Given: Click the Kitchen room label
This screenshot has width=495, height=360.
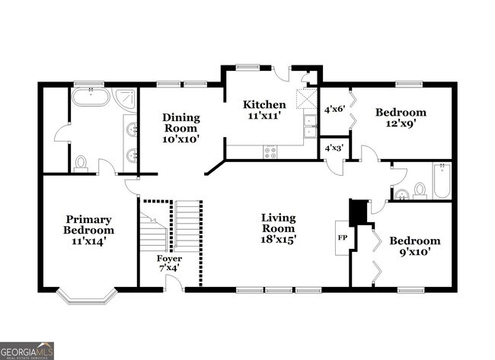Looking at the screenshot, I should tap(264, 105).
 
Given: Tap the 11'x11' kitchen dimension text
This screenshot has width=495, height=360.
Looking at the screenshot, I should tap(264, 116).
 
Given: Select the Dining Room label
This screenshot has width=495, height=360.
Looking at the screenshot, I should tap(181, 123).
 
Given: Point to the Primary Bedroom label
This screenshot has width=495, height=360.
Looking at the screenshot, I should tap(88, 225).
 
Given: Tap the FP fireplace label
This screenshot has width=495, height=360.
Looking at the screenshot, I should tap(343, 237).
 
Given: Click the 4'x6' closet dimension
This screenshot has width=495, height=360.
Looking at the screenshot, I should tap(335, 109).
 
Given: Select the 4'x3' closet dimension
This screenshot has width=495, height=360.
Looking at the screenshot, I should tap(334, 148).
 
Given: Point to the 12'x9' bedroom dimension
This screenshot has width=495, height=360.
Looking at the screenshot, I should tap(401, 125).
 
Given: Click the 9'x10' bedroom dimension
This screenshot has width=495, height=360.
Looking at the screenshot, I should tap(414, 253).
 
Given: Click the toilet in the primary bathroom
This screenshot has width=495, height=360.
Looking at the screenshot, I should tap(81, 162).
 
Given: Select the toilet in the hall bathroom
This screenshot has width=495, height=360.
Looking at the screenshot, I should tap(417, 191).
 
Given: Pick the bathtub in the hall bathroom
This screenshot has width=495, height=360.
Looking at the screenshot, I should tap(441, 181).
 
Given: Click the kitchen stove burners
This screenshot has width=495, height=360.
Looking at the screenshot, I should tap(270, 151).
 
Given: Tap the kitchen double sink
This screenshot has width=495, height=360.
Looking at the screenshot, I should tap(308, 126).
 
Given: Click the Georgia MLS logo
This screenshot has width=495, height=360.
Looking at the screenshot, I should tap(27, 350).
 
